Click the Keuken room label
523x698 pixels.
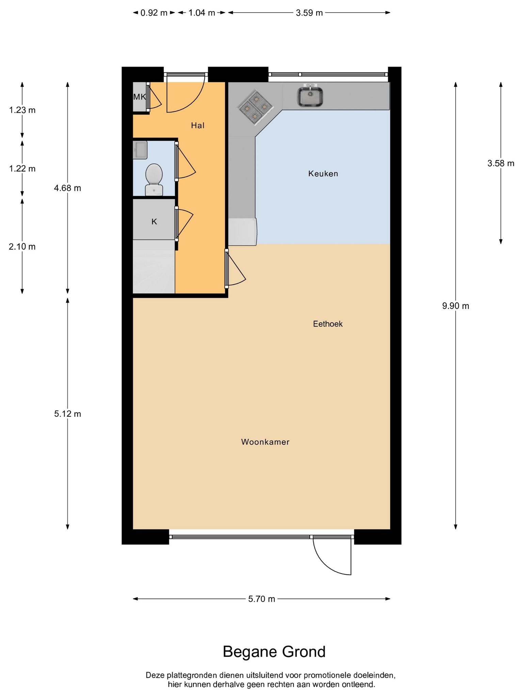[x=323, y=174]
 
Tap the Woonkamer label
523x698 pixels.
[x=265, y=442]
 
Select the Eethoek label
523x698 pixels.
[x=328, y=324]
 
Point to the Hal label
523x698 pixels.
[x=197, y=125]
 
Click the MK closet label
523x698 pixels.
[x=140, y=97]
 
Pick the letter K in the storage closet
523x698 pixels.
[x=154, y=222]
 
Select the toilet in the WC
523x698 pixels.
[x=154, y=180]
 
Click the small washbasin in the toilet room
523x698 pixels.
[x=140, y=150]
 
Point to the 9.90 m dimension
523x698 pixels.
[x=456, y=306]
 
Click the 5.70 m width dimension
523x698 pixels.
[x=261, y=599]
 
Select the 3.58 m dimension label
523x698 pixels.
[x=501, y=163]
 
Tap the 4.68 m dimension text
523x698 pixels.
[x=67, y=188]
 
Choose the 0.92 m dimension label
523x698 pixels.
[x=154, y=13]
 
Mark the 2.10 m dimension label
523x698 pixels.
[x=22, y=246]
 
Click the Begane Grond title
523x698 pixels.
[x=274, y=651]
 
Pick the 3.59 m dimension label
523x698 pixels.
[x=309, y=13]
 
